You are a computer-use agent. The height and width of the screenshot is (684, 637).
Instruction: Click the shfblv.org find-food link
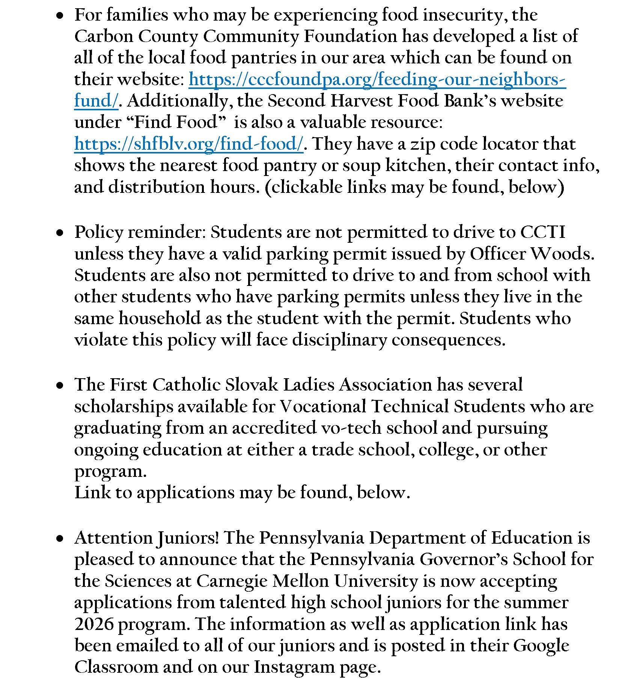point(188,144)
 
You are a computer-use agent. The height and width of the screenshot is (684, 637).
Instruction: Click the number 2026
point(94,624)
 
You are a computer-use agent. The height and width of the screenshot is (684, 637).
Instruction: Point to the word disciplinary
point(339,340)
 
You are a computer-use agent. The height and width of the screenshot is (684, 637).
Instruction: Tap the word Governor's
point(464,559)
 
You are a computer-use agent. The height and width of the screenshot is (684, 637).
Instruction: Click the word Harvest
point(361,101)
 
